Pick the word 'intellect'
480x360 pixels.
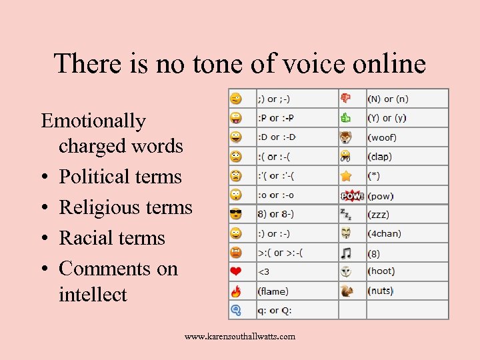pos(93,294)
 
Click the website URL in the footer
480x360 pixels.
pos(240,337)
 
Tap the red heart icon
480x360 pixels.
pos(236,272)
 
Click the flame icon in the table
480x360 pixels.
pos(236,291)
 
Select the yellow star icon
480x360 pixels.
pos(346,176)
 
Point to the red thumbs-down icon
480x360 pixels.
pos(346,99)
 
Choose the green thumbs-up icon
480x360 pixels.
pos(346,118)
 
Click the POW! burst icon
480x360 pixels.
pos(351,196)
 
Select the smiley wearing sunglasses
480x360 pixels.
pos(236,215)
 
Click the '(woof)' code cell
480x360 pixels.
pos(382,137)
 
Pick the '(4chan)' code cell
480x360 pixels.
pos(384,234)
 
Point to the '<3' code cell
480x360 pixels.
pos(264,272)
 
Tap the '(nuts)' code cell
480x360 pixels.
pos(380,291)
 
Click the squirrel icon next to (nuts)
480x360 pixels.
pos(346,291)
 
